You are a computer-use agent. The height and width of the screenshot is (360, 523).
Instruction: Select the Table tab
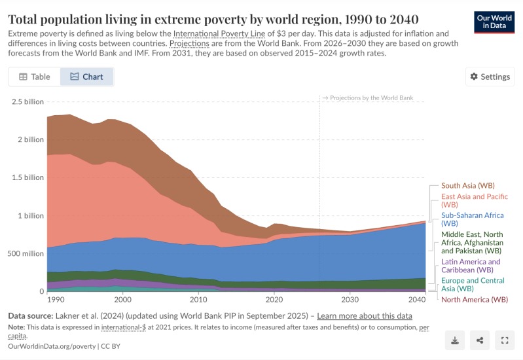coord(35,77)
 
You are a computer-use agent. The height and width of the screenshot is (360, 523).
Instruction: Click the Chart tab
coord(86,77)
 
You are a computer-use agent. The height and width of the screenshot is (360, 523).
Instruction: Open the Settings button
coord(490,77)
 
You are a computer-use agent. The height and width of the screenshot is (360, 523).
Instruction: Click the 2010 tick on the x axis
coord(198,299)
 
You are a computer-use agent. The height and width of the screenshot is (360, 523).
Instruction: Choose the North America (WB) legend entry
coord(475,300)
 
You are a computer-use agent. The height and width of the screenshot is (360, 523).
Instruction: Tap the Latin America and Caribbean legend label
coord(470,265)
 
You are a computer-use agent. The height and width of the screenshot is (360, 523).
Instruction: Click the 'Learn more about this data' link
coord(365,315)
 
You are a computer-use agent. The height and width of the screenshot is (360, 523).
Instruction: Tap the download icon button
coord(455,340)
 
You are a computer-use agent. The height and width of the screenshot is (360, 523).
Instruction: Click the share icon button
coord(480,340)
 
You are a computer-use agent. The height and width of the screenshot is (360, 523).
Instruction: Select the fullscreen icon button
coord(504,340)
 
